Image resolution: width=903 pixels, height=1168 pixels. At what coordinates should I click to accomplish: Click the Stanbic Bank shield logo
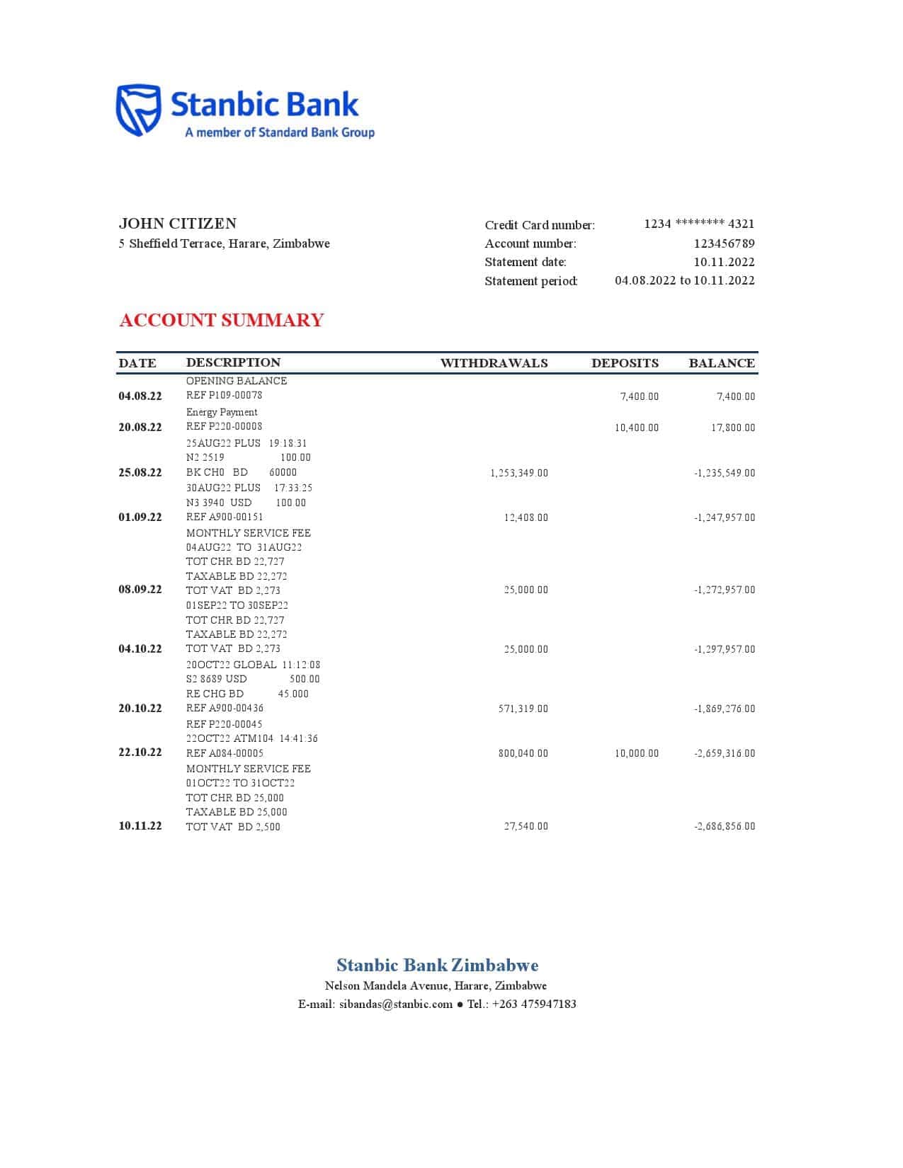click(138, 110)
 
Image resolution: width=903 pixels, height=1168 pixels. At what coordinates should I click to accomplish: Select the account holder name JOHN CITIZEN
click(178, 224)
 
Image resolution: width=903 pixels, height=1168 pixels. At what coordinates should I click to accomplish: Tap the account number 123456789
click(724, 244)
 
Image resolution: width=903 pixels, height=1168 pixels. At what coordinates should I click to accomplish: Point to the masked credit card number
click(699, 224)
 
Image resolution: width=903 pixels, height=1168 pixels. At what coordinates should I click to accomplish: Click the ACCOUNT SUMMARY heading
click(221, 321)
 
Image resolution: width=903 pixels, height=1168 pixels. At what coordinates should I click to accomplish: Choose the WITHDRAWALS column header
click(494, 363)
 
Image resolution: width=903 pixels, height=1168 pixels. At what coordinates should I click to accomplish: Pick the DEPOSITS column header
click(625, 363)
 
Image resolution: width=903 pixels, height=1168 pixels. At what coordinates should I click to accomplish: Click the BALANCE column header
click(721, 363)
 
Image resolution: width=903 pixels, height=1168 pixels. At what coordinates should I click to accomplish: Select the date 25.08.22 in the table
click(140, 473)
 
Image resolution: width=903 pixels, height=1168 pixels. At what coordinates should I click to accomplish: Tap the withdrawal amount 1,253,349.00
click(518, 473)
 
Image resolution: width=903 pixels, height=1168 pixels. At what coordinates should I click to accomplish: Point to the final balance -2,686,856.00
click(724, 826)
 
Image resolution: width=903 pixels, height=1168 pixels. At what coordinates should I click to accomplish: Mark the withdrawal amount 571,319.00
click(523, 709)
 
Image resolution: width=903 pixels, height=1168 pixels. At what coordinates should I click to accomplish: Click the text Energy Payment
click(222, 412)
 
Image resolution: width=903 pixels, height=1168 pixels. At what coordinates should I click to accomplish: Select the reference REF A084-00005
click(225, 753)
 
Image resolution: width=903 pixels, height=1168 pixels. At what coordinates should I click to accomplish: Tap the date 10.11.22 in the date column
click(140, 826)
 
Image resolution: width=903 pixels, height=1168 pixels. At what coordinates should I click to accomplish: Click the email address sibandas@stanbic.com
click(395, 1004)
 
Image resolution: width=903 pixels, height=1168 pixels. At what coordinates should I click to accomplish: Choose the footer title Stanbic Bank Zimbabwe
click(437, 965)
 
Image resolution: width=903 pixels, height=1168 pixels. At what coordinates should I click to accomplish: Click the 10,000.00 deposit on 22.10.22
click(636, 753)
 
